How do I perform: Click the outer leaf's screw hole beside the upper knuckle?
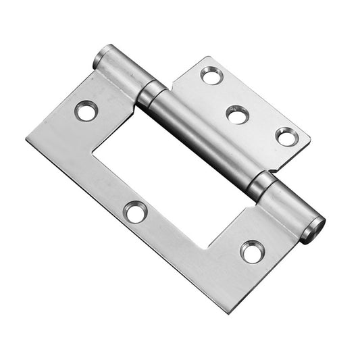coord(86,110)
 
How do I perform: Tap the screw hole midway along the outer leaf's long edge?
coord(136,212)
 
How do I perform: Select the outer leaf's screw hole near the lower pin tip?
coord(253,251)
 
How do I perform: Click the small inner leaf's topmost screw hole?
coord(212,75)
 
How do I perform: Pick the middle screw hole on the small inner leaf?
coord(238,114)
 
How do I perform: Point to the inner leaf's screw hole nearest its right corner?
coord(287,137)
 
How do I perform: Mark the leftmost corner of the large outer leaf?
coord(27,139)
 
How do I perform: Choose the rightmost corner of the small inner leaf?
coord(310,143)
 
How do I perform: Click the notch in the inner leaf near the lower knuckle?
coord(271,170)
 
